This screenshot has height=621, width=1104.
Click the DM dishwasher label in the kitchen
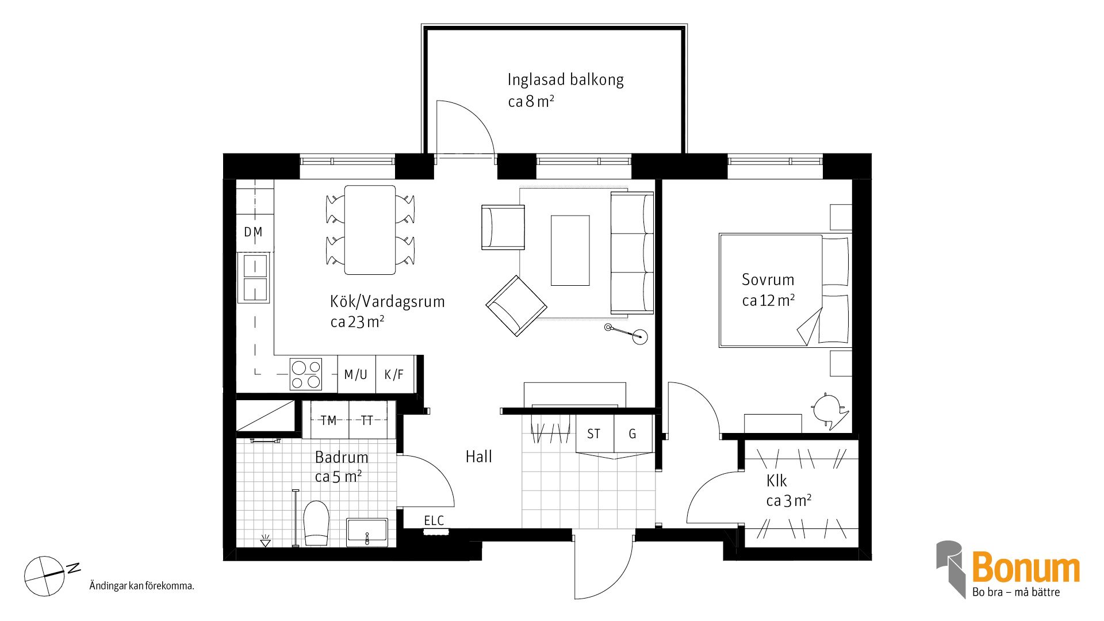click(253, 232)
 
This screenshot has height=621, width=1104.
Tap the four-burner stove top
click(306, 374)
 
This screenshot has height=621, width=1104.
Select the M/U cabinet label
click(355, 375)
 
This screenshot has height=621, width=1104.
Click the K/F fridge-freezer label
click(394, 375)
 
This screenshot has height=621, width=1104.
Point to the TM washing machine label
click(328, 421)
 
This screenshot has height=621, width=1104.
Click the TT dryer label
click(367, 421)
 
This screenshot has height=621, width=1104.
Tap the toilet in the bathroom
click(316, 523)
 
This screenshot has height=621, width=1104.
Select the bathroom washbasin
click(367, 532)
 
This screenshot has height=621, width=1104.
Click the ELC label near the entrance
click(434, 521)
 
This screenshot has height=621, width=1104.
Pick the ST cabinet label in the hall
click(593, 434)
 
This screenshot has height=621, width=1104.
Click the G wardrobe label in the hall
click(632, 434)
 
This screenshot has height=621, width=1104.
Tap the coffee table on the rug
click(570, 250)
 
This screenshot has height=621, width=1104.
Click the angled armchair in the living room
click(516, 306)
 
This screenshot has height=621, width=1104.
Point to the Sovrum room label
click(768, 280)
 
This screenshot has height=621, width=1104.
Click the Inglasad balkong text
click(565, 80)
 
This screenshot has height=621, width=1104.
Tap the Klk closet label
click(776, 481)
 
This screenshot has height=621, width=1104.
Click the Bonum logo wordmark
click(1025, 568)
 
